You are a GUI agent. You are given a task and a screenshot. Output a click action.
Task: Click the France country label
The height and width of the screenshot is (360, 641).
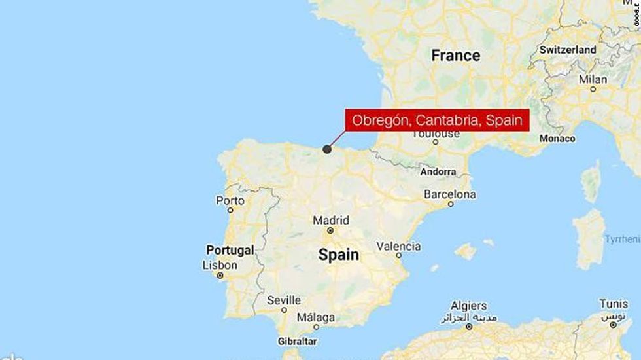[x=455, y=56]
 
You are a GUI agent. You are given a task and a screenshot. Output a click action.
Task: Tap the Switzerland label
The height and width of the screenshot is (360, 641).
[x=567, y=50]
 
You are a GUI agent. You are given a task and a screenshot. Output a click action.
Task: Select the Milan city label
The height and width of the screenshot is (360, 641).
[x=593, y=79]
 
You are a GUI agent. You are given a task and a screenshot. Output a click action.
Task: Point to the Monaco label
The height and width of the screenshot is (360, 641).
[x=557, y=139]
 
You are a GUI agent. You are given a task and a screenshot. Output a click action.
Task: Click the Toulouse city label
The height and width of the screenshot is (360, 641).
[x=436, y=134]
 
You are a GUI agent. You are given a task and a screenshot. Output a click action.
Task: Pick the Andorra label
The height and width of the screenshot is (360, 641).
[x=438, y=171]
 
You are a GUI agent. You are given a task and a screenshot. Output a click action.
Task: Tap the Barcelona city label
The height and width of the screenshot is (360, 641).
[x=450, y=194]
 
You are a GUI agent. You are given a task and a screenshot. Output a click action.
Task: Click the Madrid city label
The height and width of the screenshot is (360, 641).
[x=330, y=220]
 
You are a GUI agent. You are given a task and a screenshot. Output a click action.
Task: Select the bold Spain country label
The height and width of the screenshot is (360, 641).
[x=339, y=255]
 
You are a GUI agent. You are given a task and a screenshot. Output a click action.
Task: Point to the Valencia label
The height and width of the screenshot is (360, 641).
[x=398, y=246]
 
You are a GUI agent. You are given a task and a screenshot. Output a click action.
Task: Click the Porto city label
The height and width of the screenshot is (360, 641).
[x=231, y=201]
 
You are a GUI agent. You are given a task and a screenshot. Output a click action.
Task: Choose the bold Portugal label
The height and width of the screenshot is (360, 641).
[x=230, y=250]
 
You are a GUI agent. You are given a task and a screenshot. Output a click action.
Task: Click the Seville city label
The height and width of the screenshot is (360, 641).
[x=284, y=300]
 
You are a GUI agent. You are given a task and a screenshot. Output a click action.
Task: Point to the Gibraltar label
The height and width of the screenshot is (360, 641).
[x=297, y=342]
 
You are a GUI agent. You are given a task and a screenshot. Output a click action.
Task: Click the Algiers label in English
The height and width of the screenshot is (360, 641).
[x=469, y=306]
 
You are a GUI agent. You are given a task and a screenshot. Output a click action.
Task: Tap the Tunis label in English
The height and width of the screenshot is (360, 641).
[x=614, y=304]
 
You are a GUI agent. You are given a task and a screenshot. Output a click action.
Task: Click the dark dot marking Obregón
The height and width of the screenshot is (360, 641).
[x=327, y=150]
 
